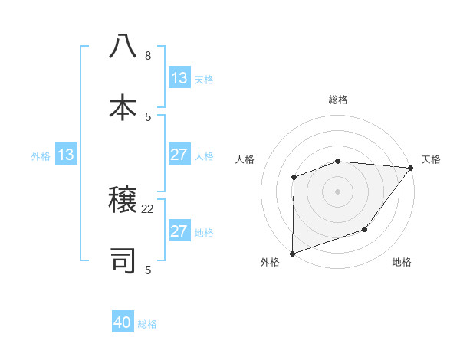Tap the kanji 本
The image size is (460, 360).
pos(123,107)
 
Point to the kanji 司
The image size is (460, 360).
pos(123,260)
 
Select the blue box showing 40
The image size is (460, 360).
pos(123,323)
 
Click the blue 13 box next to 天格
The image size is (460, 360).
pos(179,78)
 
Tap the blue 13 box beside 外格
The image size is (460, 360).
pos(66,155)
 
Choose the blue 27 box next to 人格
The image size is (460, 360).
pos(179,155)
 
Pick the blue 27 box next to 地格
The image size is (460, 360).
pos(179,231)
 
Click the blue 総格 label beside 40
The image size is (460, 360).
pos(147,324)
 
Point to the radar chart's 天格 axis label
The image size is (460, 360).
pos(431,159)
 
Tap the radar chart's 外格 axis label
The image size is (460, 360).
pos(270,262)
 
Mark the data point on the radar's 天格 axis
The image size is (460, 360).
pos(411,168)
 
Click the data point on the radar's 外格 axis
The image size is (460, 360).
pos(293,253)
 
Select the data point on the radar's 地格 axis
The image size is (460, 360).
pos(366,229)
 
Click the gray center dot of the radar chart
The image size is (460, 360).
pos(337,191)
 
